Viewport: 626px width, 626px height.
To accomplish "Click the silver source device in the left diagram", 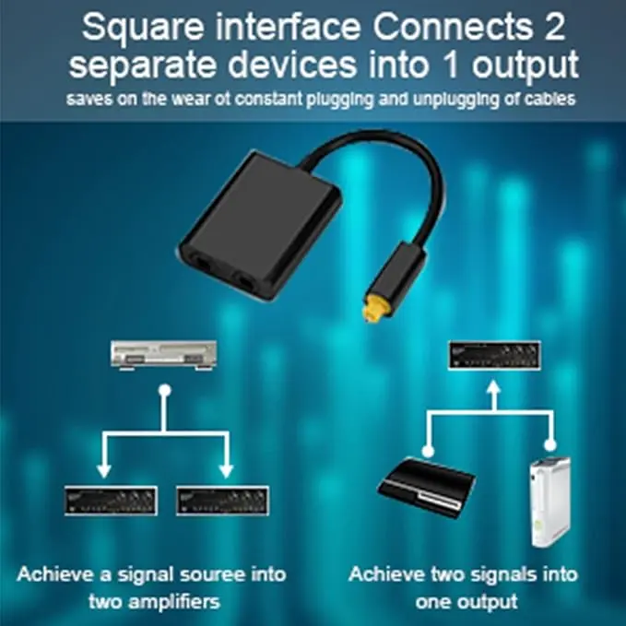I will click(163, 355).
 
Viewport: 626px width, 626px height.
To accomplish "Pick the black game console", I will click(428, 486).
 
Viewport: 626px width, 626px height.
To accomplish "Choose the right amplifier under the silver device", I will click(222, 500).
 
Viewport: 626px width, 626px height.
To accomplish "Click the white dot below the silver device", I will click(164, 390).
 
